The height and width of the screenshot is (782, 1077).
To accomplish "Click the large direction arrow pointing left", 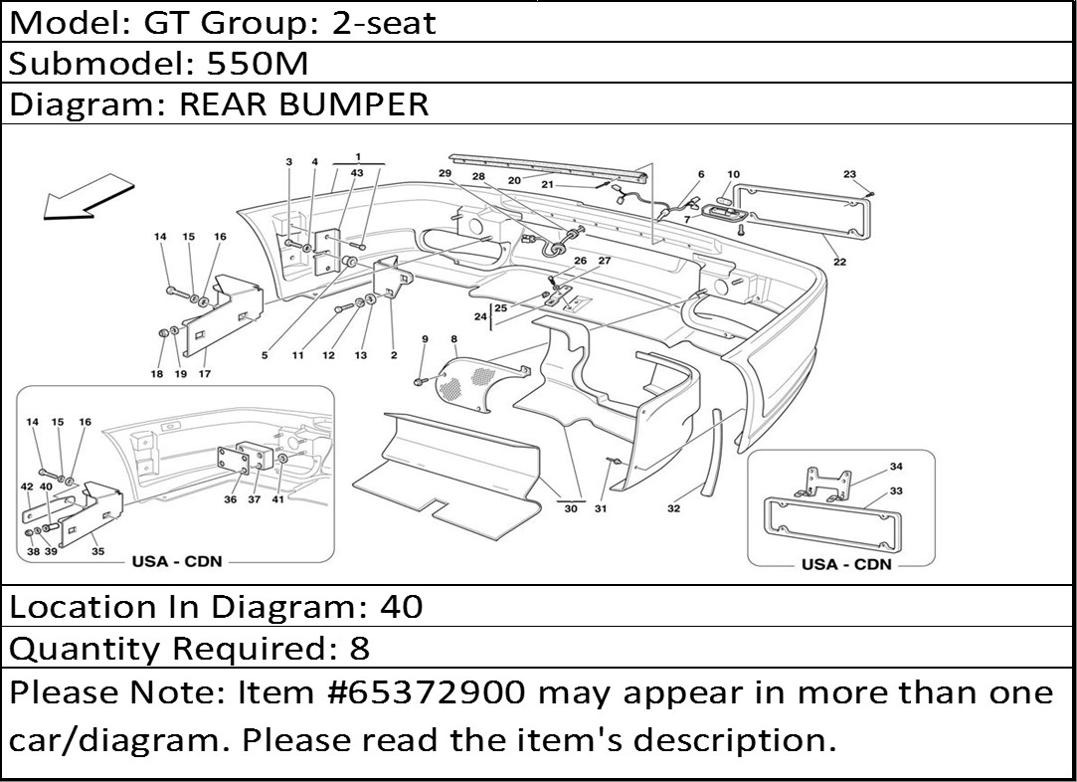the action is [88, 197].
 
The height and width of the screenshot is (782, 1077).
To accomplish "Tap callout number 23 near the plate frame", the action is [849, 174].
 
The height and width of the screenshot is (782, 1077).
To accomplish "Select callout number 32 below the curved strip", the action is [673, 508].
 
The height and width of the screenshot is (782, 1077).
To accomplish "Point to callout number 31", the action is [601, 508].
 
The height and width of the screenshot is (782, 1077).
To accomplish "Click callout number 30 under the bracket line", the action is [571, 508].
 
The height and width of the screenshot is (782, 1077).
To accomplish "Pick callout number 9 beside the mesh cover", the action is [426, 339].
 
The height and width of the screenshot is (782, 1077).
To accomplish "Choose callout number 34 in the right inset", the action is [896, 467].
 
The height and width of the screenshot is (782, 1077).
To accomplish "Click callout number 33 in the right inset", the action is [896, 491].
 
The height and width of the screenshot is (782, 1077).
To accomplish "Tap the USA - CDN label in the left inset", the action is [177, 561].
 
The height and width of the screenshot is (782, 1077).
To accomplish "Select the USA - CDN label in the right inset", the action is [846, 564].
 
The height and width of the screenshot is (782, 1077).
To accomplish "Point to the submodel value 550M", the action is [258, 64].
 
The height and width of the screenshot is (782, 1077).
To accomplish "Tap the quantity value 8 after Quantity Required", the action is [360, 648].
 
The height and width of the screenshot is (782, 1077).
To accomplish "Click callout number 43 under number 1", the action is [357, 173].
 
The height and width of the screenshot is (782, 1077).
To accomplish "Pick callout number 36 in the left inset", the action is [230, 499].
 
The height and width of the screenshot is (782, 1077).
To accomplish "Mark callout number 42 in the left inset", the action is [27, 487].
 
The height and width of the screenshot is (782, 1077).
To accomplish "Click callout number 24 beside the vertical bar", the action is [480, 316].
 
